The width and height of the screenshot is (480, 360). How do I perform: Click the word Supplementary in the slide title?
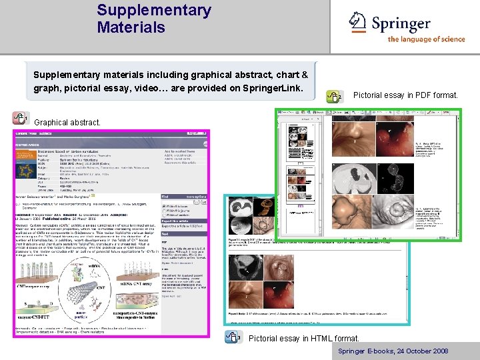(153, 11)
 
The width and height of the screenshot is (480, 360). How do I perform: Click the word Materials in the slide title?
(130, 27)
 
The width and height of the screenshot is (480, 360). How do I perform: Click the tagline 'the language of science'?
(426, 39)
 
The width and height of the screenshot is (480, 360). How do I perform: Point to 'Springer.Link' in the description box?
(272, 89)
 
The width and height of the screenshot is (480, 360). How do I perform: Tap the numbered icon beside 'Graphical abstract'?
(19, 118)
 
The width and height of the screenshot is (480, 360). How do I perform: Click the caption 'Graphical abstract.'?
(67, 123)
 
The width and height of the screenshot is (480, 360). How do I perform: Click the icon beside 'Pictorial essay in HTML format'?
(233, 337)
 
